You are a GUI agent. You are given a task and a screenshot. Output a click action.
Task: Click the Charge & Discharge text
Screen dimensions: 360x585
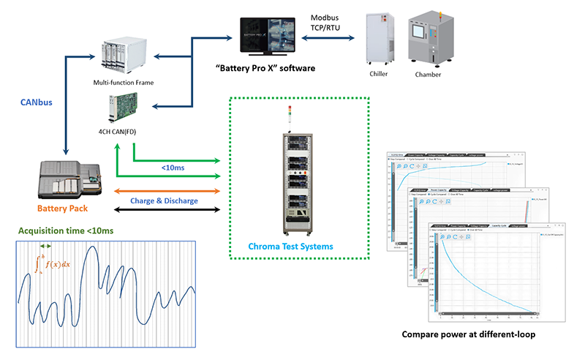click(x=164, y=200)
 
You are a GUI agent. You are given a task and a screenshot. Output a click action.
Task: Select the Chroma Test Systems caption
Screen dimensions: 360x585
click(x=300, y=246)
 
